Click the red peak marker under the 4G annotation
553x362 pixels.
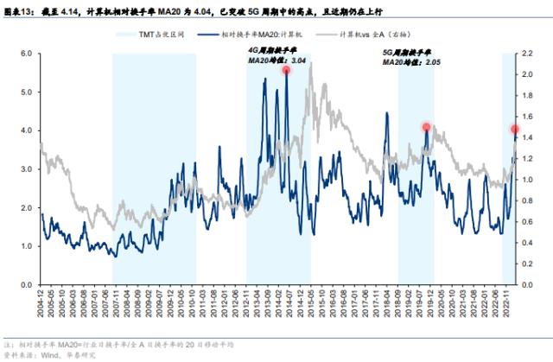[x=286, y=71]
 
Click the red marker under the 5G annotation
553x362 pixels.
[x=426, y=127]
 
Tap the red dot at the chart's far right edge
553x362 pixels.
[x=515, y=130]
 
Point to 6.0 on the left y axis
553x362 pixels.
[x=25, y=54]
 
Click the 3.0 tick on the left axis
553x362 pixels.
[x=25, y=169]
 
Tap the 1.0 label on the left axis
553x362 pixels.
[x=25, y=247]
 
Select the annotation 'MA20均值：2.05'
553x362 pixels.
[x=406, y=62]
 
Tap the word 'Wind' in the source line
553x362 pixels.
[x=62, y=354]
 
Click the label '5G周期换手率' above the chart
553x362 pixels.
[x=407, y=52]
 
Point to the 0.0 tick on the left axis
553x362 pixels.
[x=25, y=285]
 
